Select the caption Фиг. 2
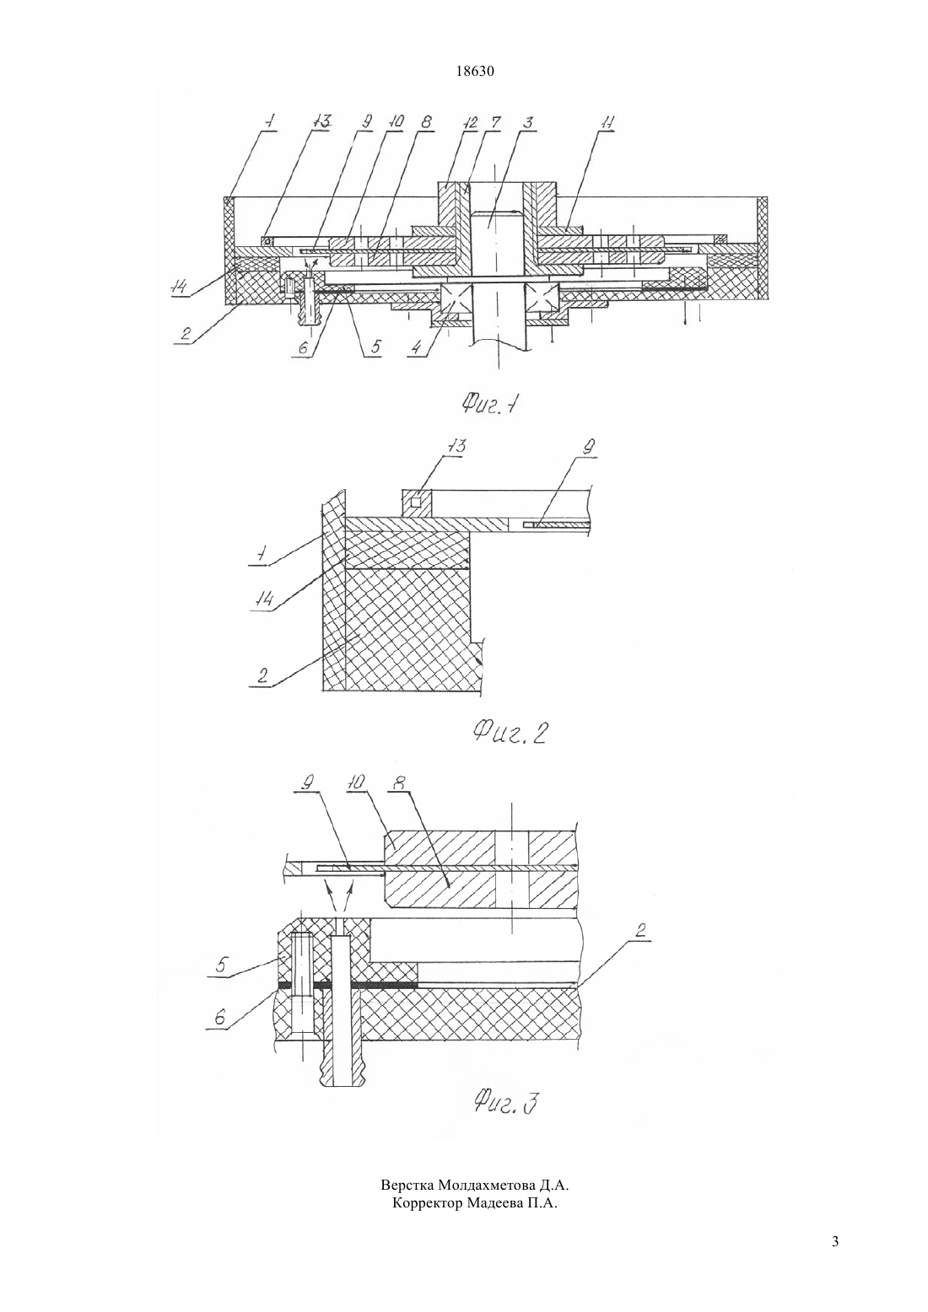(509, 731)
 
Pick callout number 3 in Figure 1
(529, 122)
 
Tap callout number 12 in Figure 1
(470, 122)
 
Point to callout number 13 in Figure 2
(457, 446)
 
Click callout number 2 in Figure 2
(262, 675)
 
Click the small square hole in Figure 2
(415, 502)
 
